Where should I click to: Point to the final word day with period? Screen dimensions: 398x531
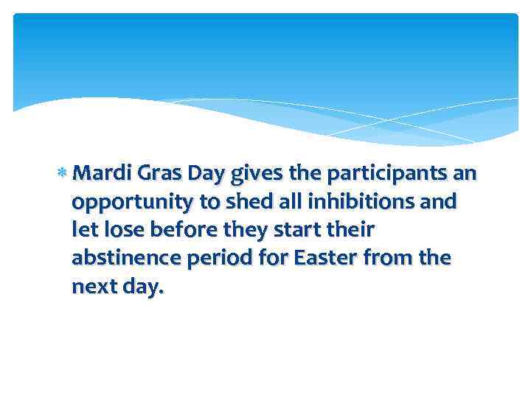tap(143, 288)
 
